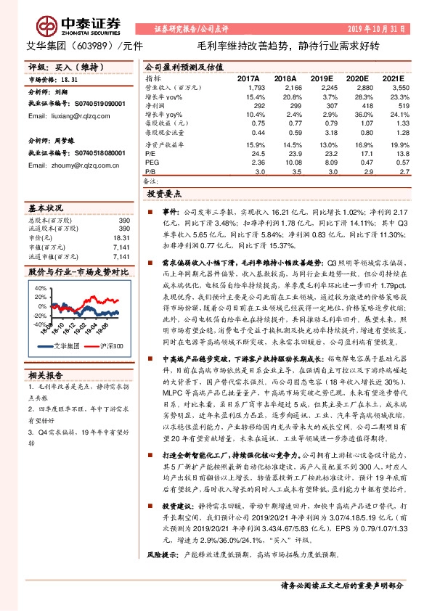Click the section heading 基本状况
(46, 207)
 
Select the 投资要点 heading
(165, 194)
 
